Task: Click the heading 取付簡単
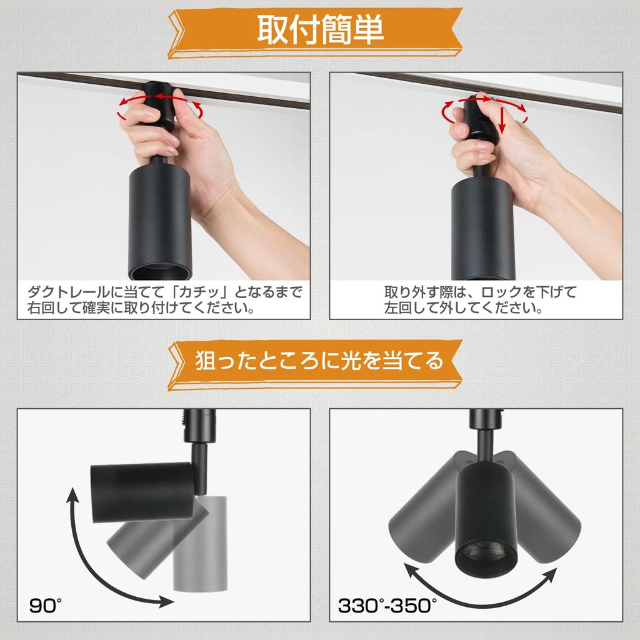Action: click(320, 29)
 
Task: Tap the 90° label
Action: click(46, 605)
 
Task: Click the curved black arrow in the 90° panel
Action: click(94, 562)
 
